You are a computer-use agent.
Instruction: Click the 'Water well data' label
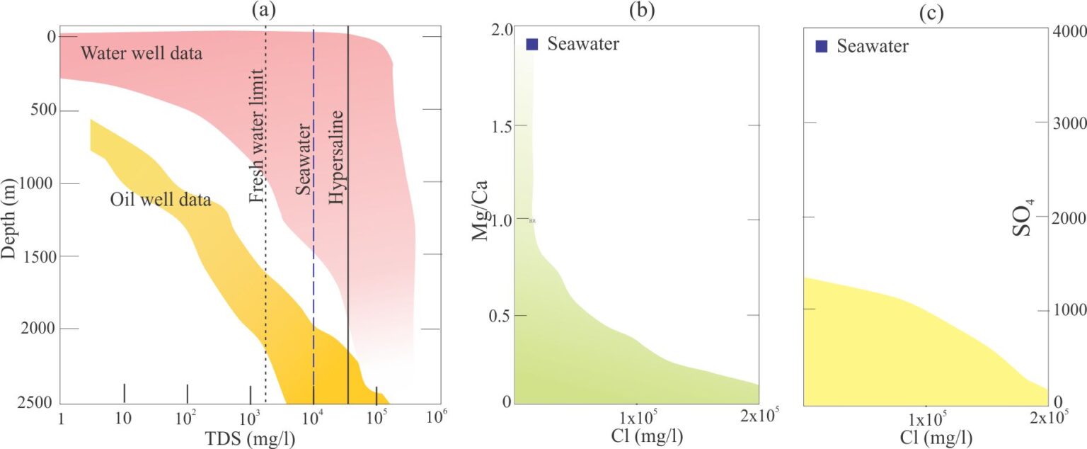pos(142,53)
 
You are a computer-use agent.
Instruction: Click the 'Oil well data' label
pos(161,200)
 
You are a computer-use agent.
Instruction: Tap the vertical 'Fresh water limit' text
pos(257,137)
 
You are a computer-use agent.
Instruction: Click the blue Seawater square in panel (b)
pos(533,45)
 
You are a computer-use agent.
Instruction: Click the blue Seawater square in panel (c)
pos(822,47)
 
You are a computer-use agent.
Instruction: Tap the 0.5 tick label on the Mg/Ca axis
pos(501,315)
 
